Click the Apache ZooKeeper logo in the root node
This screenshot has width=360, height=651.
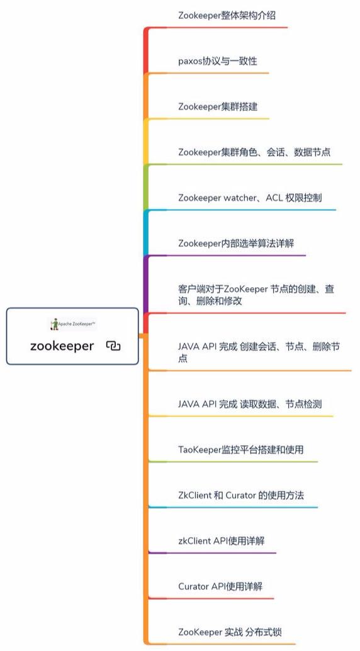pyautogui.click(x=72, y=324)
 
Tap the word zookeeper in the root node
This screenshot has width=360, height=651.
pyautogui.click(x=62, y=346)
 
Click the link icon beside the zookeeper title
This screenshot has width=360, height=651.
pyautogui.click(x=113, y=346)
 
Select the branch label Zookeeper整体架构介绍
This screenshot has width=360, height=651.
pyautogui.click(x=227, y=16)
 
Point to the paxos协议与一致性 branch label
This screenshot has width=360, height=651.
pyautogui.click(x=218, y=62)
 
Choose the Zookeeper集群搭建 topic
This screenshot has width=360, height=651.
pyautogui.click(x=218, y=106)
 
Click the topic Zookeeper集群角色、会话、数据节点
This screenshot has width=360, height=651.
pyautogui.click(x=254, y=152)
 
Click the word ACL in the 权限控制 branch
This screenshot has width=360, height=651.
pyautogui.click(x=274, y=198)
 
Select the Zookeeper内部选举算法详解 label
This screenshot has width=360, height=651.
pyautogui.click(x=236, y=243)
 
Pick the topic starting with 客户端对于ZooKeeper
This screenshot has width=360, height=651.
pyautogui.click(x=256, y=295)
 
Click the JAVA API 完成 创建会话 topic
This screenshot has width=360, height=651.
pyautogui.click(x=259, y=352)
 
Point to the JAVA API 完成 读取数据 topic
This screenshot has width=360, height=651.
pyautogui.click(x=250, y=404)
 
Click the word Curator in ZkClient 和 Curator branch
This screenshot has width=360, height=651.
pyautogui.click(x=240, y=495)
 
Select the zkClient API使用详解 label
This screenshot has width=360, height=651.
pyautogui.click(x=222, y=541)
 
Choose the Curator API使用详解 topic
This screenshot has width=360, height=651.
pyautogui.click(x=220, y=587)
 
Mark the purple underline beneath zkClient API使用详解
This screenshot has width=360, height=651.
pyautogui.click(x=212, y=553)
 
